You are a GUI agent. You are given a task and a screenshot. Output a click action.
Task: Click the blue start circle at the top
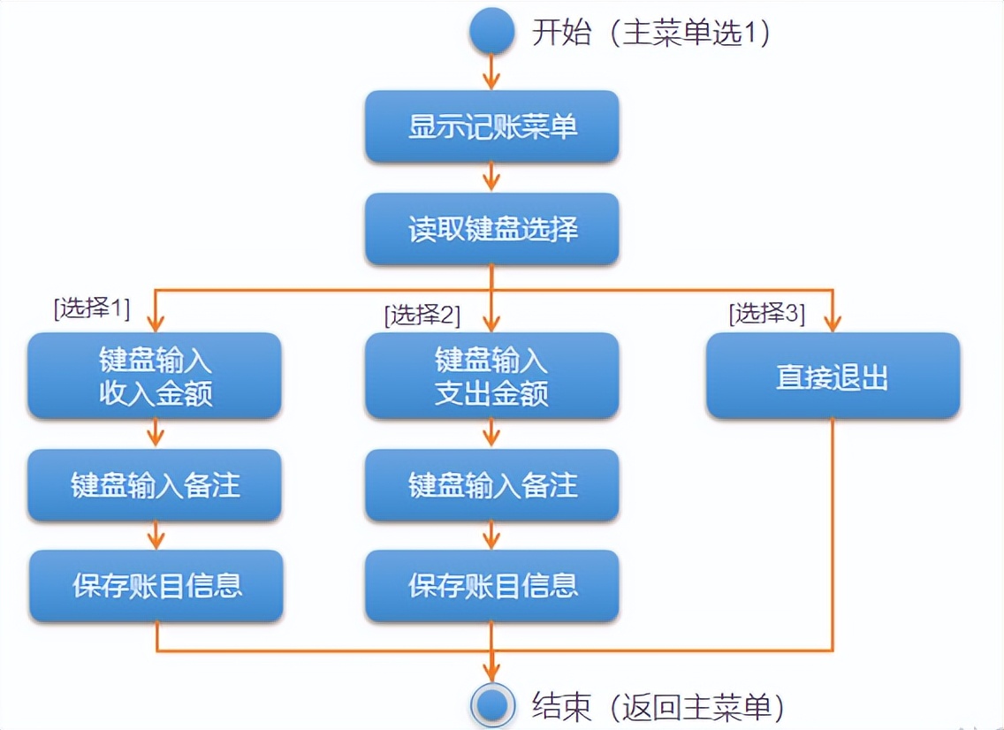tap(491, 31)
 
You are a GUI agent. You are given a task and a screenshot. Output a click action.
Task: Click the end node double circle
tap(491, 705)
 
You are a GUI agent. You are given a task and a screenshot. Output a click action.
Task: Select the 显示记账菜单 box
tap(491, 126)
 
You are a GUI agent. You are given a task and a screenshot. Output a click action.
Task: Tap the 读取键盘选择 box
tap(491, 229)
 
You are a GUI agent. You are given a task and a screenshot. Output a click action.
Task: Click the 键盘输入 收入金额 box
tap(155, 376)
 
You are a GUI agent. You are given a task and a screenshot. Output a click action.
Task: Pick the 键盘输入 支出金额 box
tap(491, 376)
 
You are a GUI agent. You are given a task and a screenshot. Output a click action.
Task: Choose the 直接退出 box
tap(832, 376)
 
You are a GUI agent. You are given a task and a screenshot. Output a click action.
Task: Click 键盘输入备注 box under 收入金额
tap(155, 484)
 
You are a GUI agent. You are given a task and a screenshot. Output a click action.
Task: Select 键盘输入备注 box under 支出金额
tap(491, 484)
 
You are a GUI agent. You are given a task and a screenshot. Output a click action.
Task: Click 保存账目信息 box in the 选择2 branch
tap(491, 585)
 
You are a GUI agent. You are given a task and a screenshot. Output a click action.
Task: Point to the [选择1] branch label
tap(92, 308)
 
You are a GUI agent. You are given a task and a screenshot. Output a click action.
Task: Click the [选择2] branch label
tap(422, 315)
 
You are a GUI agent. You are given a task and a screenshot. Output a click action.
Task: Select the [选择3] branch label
tap(766, 313)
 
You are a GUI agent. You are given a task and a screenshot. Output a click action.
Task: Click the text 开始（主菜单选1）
tap(651, 34)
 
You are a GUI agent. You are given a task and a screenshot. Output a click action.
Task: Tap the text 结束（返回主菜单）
tap(658, 706)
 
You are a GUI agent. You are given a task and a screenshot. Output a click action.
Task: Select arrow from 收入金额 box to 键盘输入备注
tap(156, 433)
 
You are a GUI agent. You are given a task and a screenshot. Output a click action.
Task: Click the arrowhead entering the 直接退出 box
tap(832, 323)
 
